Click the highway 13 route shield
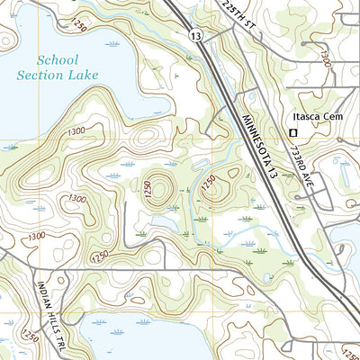click(195, 33)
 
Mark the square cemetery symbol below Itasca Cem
click(292, 134)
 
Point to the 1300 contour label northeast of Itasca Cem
click(324, 57)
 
